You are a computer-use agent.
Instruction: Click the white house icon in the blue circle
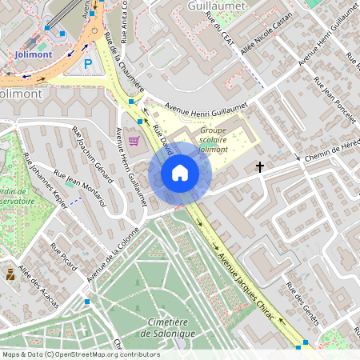click(180, 173)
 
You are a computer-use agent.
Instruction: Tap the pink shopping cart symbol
click(134, 141)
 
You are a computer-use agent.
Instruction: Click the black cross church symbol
click(259, 167)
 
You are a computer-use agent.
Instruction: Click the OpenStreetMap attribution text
click(81, 354)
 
